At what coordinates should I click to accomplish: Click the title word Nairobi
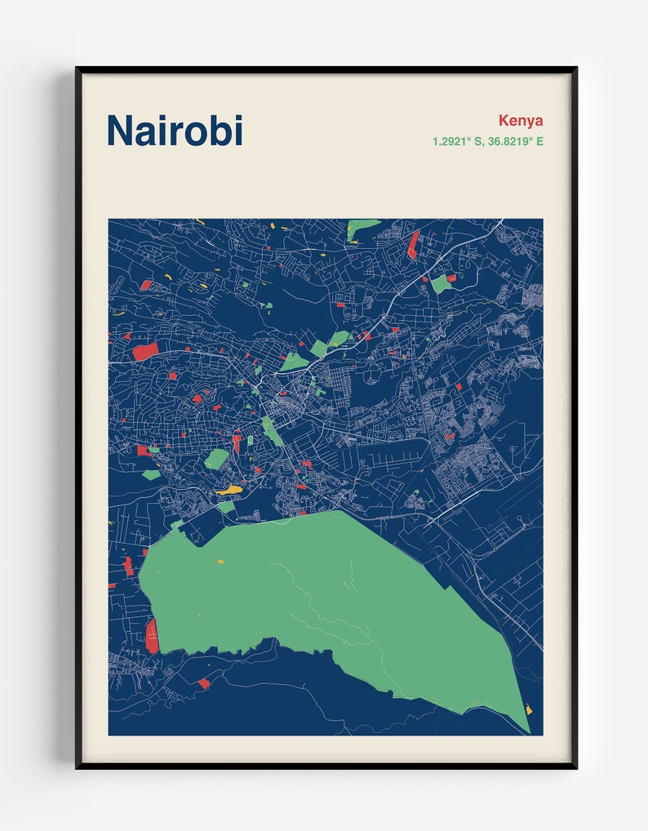[175, 130]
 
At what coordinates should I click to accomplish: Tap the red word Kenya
[520, 121]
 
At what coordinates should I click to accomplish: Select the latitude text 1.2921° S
[459, 141]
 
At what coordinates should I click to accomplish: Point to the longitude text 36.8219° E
[516, 141]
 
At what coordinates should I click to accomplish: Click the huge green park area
[326, 596]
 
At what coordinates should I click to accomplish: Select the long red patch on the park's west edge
[152, 635]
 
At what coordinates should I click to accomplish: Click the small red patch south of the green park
[203, 683]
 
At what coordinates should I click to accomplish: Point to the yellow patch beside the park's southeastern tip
[529, 709]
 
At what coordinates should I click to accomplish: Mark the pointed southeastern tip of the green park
[526, 729]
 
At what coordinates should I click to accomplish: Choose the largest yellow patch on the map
[230, 490]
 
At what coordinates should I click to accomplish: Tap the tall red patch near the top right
[413, 244]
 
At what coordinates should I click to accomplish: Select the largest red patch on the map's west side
[146, 351]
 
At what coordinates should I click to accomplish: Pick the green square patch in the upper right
[441, 284]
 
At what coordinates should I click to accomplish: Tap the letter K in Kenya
[504, 121]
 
